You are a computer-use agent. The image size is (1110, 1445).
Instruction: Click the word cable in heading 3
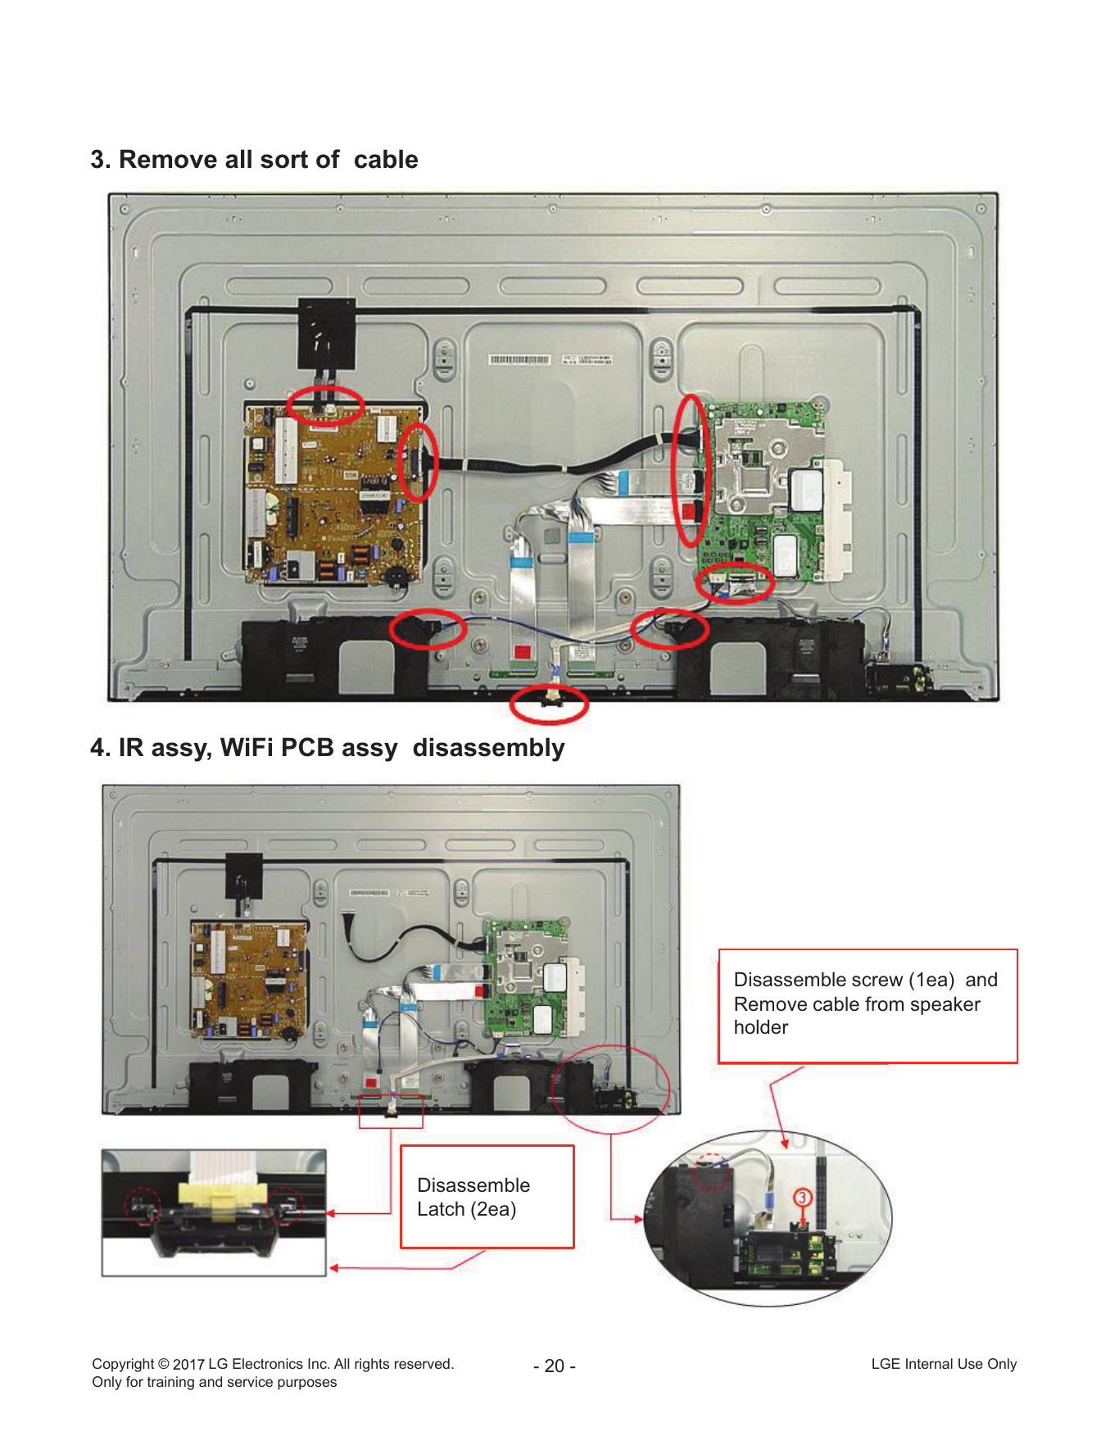pyautogui.click(x=386, y=159)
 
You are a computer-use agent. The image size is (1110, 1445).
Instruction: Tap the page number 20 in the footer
pyautogui.click(x=555, y=1366)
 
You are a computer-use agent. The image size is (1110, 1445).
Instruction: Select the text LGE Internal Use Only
pyautogui.click(x=944, y=1364)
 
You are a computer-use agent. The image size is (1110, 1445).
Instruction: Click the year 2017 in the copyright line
pyautogui.click(x=188, y=1364)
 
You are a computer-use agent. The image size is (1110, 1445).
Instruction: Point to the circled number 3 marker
pyautogui.click(x=802, y=1198)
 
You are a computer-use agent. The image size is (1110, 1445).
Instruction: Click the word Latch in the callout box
pyautogui.click(x=441, y=1209)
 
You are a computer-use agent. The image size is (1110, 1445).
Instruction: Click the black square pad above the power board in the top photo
pyautogui.click(x=326, y=334)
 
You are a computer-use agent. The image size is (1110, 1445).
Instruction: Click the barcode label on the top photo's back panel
pyautogui.click(x=519, y=360)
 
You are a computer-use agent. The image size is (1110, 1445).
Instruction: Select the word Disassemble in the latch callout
pyautogui.click(x=473, y=1185)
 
